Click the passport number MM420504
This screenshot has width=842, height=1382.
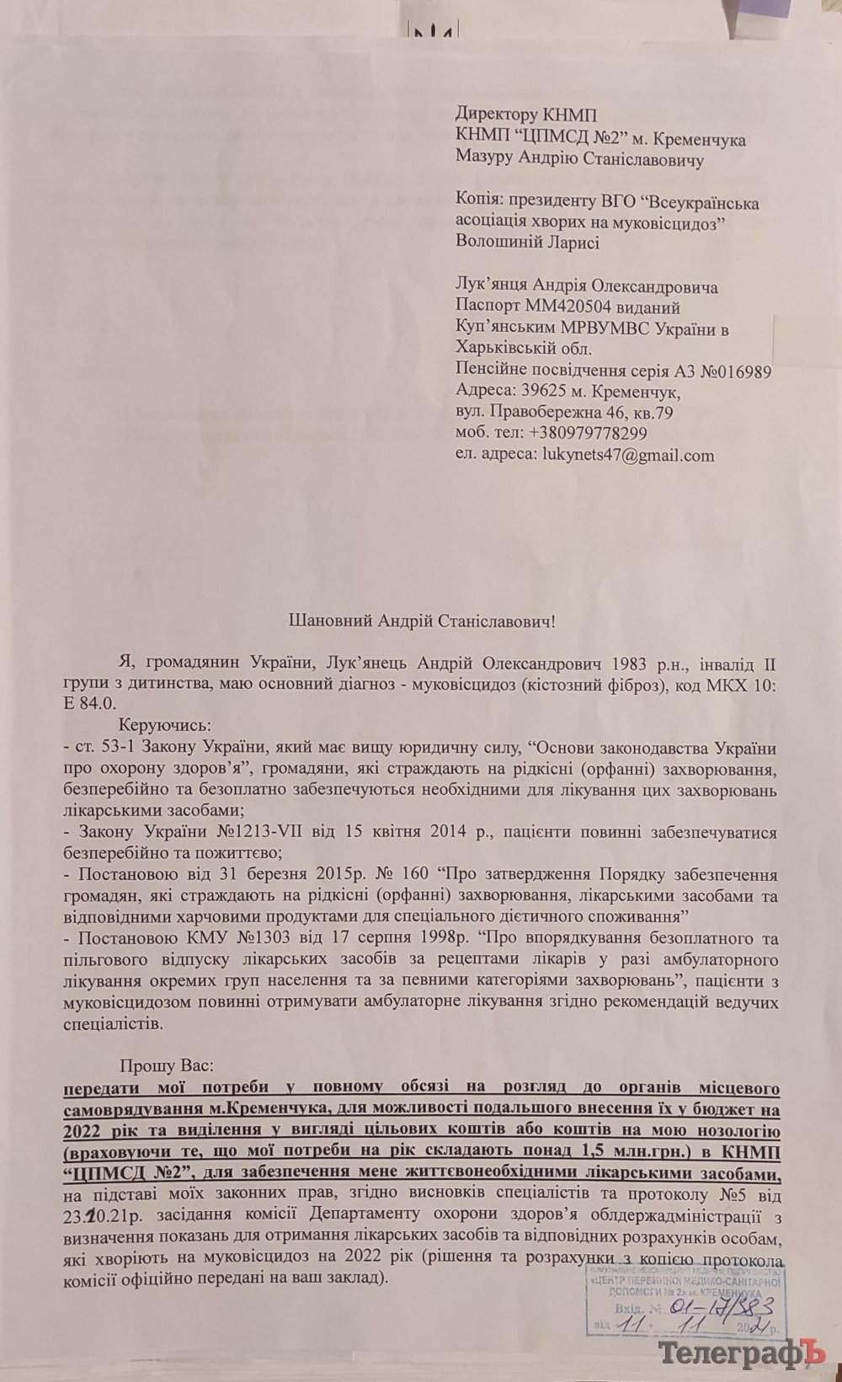(x=566, y=308)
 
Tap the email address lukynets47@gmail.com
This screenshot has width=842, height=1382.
(x=626, y=456)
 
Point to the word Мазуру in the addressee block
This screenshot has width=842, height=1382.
(x=484, y=158)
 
